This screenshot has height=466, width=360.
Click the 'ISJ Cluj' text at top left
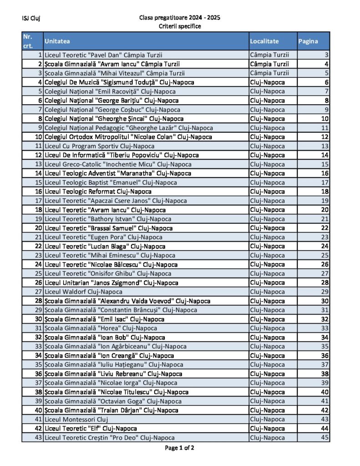pyautogui.click(x=31, y=19)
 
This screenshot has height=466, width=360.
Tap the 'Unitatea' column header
pyautogui.click(x=57, y=41)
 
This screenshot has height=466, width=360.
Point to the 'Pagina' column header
pyautogui.click(x=308, y=41)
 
